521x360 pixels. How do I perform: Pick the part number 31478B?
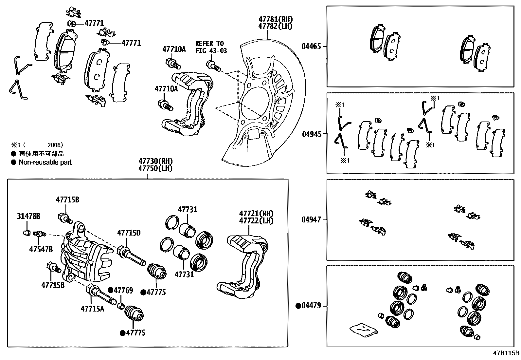click(x=28, y=216)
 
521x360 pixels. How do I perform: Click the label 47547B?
click(x=41, y=249)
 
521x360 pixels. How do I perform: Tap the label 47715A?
click(x=92, y=309)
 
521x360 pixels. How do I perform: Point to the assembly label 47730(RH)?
click(x=155, y=161)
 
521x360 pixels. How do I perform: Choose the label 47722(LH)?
click(x=256, y=221)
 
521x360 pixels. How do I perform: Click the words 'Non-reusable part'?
click(x=45, y=162)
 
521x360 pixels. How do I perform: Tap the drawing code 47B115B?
click(x=506, y=353)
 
